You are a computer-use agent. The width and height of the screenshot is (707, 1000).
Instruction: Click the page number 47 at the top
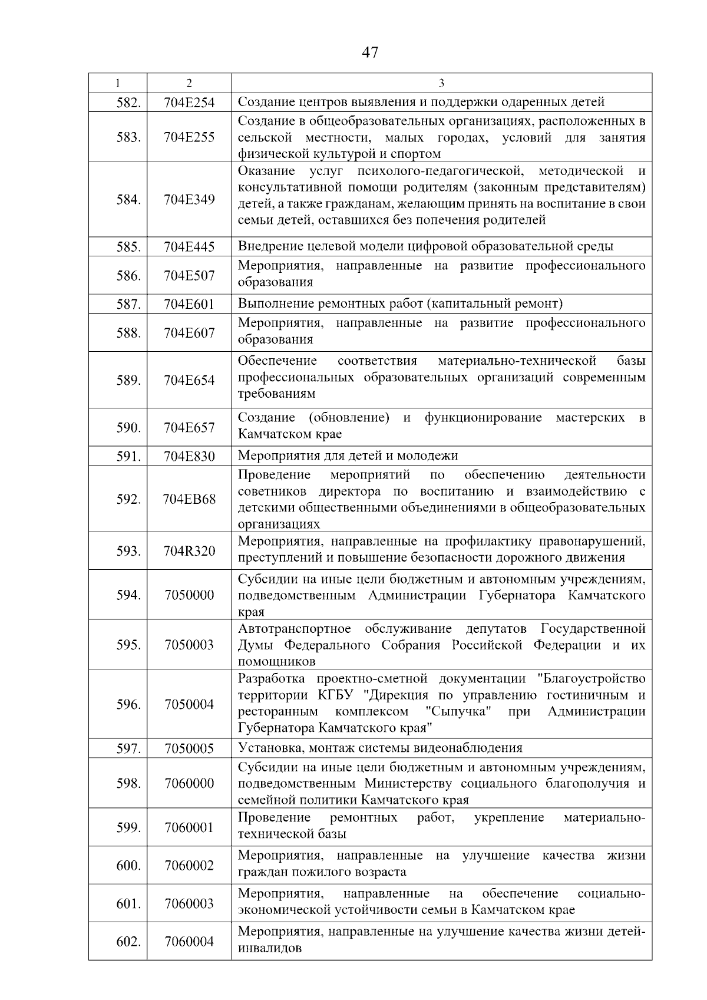370,52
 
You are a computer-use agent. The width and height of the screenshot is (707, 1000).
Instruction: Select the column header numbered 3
441,83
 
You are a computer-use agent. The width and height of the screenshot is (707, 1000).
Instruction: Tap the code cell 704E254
189,103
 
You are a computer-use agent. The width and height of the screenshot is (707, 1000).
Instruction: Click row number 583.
128,137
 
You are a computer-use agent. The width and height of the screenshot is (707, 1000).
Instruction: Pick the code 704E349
189,199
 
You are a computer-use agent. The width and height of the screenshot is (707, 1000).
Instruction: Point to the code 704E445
189,247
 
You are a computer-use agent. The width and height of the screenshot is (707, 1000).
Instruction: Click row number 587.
128,304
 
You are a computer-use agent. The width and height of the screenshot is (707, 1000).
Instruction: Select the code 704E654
189,380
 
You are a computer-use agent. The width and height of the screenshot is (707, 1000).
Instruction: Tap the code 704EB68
189,499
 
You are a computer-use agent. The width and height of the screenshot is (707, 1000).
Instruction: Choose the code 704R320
189,551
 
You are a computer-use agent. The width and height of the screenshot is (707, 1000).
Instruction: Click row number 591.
128,456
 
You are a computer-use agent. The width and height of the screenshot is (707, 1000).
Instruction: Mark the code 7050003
189,644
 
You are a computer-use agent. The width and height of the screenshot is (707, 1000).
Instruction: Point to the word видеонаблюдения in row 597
475,748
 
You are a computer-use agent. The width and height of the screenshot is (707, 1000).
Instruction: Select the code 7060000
189,783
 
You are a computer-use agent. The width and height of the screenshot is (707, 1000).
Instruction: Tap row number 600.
128,866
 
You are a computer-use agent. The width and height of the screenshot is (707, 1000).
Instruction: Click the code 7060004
189,941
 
